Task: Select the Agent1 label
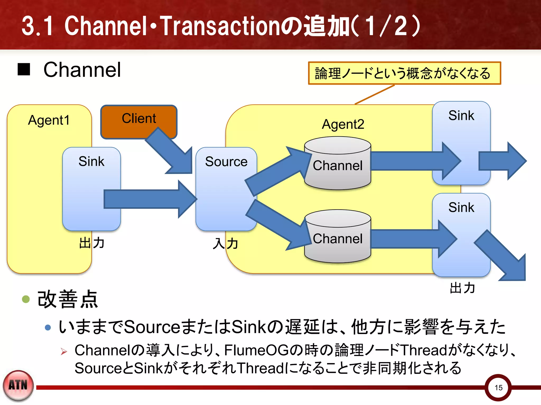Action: click(49, 120)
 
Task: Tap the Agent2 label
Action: click(343, 124)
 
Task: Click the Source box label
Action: click(226, 162)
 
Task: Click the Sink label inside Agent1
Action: click(91, 161)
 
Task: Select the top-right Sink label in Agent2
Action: click(461, 115)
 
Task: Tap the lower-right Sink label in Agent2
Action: click(461, 207)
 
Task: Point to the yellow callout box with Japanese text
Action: click(404, 73)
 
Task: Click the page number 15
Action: click(498, 387)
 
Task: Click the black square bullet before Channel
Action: click(24, 69)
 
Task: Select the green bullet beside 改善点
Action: click(26, 299)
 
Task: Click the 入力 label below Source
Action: click(225, 243)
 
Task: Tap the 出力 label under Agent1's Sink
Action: click(92, 243)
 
